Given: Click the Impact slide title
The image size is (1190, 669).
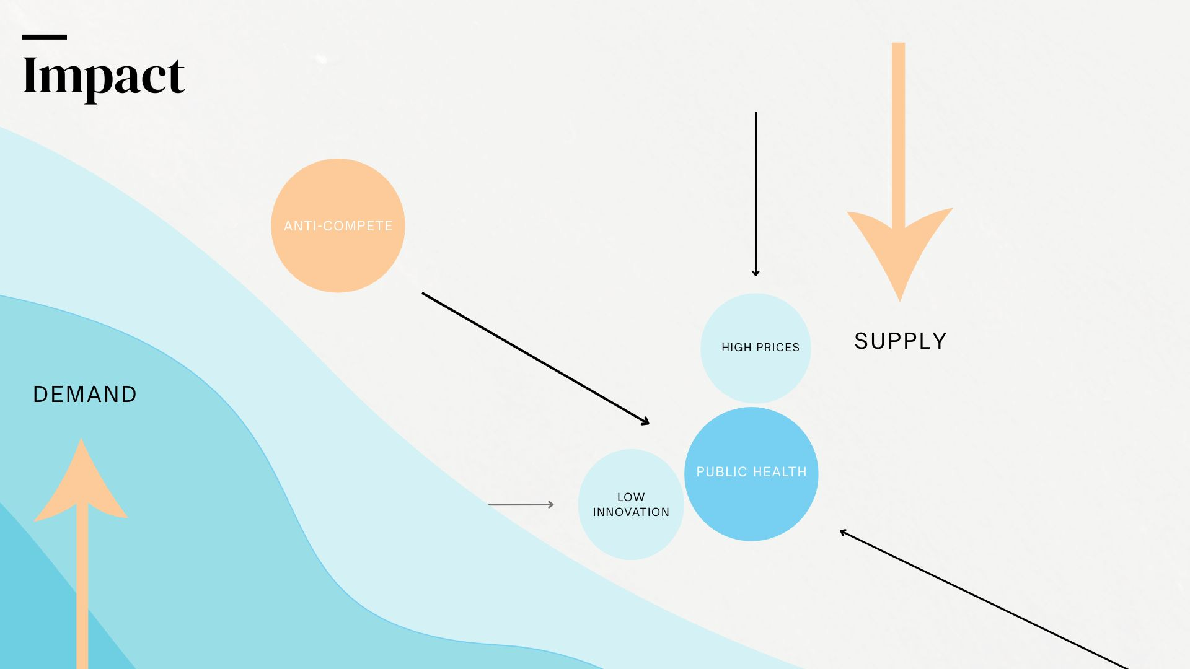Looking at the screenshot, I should click(104, 76).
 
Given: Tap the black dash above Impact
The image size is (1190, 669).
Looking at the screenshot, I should click(45, 37).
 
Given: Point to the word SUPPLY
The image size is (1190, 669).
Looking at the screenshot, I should click(900, 341).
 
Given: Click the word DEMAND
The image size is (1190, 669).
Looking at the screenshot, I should click(85, 395).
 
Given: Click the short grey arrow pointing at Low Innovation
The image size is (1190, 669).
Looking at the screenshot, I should click(521, 505).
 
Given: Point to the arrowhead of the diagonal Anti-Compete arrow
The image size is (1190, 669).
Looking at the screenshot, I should click(646, 422).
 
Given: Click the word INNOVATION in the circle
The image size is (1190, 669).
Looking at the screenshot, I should click(631, 512).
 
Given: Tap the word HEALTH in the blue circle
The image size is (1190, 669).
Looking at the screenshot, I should click(780, 472).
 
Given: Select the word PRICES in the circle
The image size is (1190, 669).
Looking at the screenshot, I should click(778, 348).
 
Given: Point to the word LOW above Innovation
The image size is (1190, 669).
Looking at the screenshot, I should click(631, 497).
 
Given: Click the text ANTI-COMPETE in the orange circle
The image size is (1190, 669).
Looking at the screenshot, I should click(338, 226).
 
